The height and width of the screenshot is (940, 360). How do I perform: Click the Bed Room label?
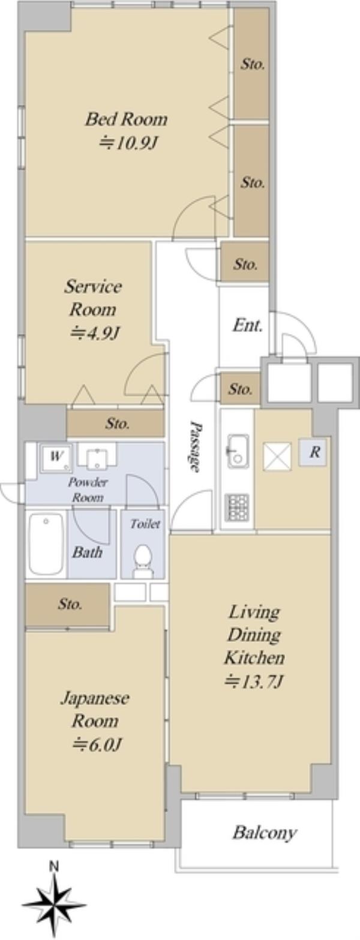pyautogui.click(x=126, y=119)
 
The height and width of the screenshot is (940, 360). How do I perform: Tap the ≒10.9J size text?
pyautogui.click(x=127, y=144)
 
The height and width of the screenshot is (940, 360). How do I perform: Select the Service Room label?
pyautogui.click(x=93, y=298)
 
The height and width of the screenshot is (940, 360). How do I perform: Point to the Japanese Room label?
pyautogui.click(x=95, y=709)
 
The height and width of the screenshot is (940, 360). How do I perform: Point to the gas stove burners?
pyautogui.click(x=236, y=507)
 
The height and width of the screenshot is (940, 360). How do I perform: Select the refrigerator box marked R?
pyautogui.click(x=313, y=452)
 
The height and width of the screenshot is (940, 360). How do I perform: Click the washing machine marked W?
pyautogui.click(x=56, y=458)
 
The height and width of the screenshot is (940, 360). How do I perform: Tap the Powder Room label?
pyautogui.click(x=88, y=489)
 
